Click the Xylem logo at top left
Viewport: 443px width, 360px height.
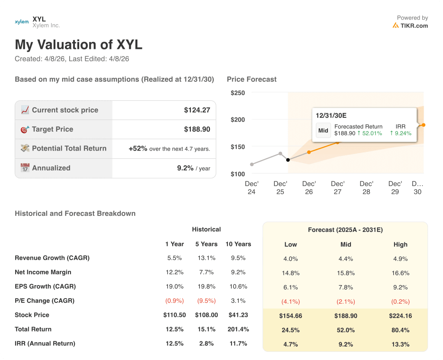tap(22, 22)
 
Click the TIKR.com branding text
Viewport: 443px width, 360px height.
tap(414, 26)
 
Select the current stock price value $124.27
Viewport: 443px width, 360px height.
tap(197, 110)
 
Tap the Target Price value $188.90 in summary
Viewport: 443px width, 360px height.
tap(197, 129)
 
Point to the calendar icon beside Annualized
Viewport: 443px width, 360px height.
tap(25, 168)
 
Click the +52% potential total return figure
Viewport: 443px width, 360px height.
tap(138, 148)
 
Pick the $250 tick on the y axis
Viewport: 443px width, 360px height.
tap(238, 93)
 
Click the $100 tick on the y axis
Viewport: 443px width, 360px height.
tap(238, 174)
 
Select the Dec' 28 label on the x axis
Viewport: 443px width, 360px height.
tap(366, 188)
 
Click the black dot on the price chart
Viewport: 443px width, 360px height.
tap(288, 160)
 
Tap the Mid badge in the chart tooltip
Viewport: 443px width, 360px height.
tap(323, 130)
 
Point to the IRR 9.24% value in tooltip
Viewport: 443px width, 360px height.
tap(401, 133)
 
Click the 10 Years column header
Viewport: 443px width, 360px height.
tap(238, 244)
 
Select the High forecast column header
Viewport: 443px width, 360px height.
tap(400, 244)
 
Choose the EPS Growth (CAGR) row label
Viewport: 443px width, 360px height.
tap(45, 286)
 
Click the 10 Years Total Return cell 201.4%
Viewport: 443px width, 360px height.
tap(238, 329)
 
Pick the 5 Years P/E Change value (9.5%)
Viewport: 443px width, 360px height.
tap(206, 301)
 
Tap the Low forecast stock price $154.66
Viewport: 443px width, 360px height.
tap(290, 316)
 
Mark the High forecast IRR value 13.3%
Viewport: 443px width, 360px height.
tap(400, 344)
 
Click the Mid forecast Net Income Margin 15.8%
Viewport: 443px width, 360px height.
tap(346, 273)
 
